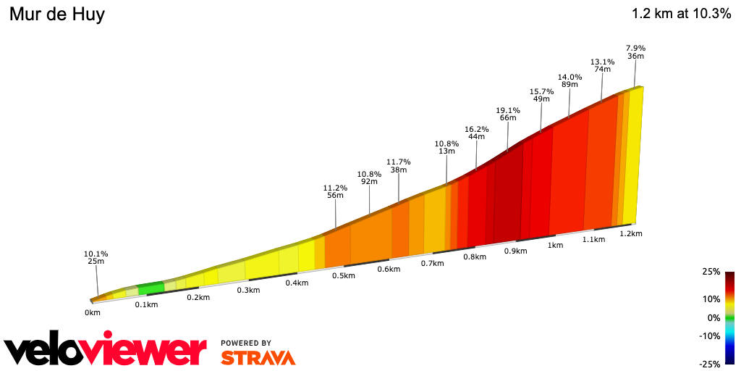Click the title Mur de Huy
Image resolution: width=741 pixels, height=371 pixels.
click(x=56, y=14)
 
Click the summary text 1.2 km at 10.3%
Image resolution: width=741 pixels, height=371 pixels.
click(x=681, y=14)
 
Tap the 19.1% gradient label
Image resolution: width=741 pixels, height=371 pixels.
click(x=507, y=110)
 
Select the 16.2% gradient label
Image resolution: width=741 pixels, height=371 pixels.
click(x=476, y=128)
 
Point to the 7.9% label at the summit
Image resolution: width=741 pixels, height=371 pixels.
click(x=636, y=48)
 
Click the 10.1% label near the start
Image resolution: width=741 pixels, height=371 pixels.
click(x=96, y=254)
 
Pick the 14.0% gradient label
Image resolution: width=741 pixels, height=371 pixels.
click(x=569, y=77)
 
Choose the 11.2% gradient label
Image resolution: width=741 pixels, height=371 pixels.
click(x=335, y=187)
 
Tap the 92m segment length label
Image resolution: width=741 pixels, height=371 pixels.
click(x=369, y=182)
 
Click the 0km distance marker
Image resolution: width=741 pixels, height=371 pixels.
click(x=92, y=312)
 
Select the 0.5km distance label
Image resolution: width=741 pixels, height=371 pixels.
click(x=343, y=275)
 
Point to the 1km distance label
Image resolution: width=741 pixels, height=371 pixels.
click(x=555, y=245)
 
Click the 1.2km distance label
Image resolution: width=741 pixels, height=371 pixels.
click(x=631, y=233)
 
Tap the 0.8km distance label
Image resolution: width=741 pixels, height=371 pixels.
click(x=474, y=257)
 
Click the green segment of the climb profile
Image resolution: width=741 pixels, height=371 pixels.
click(x=151, y=288)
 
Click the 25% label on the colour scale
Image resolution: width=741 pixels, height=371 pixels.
click(x=711, y=272)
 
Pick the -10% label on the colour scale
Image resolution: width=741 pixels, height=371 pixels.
click(x=710, y=335)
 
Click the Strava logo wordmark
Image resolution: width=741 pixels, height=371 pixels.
click(x=258, y=357)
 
